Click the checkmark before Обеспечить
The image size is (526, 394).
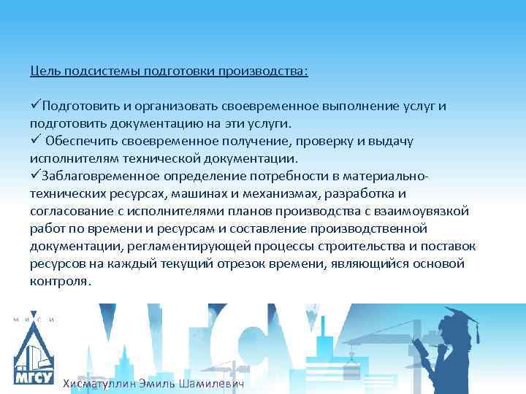pos(36,141)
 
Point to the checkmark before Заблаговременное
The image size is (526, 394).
pos(36,176)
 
